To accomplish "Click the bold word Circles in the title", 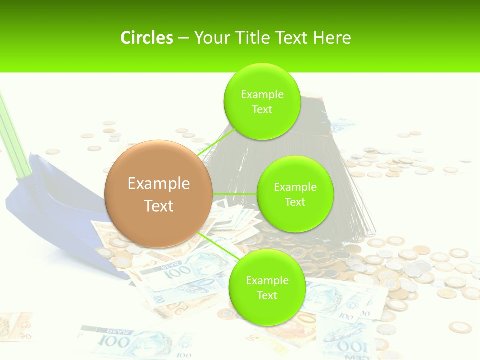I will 147,38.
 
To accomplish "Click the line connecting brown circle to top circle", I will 212,145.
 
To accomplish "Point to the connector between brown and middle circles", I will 235,194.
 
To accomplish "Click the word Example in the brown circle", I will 159,184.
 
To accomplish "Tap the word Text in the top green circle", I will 262,110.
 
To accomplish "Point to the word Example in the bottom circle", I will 267,281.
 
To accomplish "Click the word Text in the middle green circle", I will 295,202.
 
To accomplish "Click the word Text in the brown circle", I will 159,206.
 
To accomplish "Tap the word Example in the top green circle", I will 262,95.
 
